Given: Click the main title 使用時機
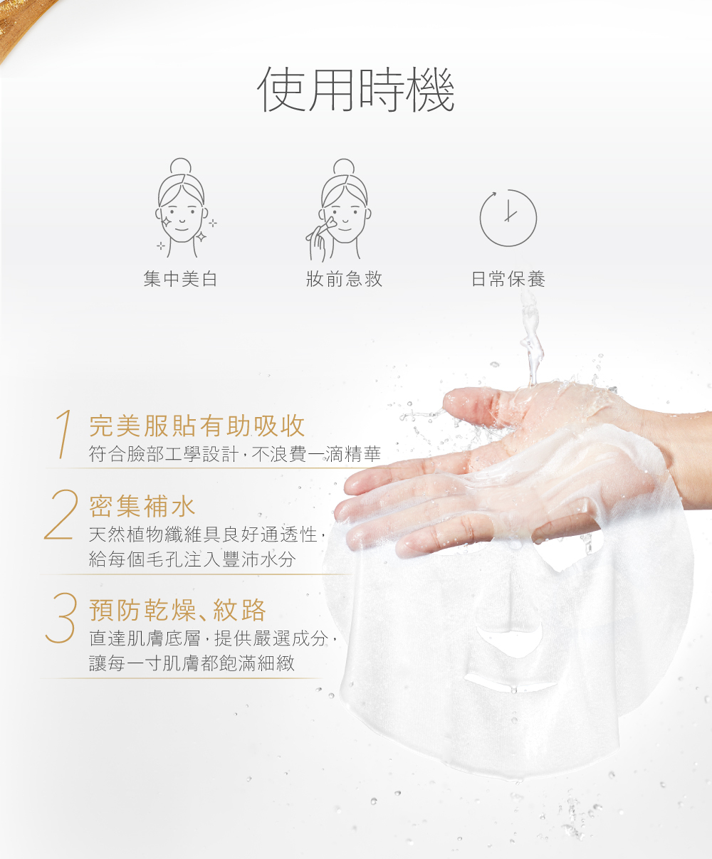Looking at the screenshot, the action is tap(356, 89).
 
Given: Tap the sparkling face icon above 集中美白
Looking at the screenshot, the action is tap(184, 208).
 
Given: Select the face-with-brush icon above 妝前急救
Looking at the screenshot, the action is tap(339, 210).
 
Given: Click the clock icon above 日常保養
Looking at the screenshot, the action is tap(508, 218).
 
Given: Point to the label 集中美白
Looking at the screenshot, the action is tap(180, 279).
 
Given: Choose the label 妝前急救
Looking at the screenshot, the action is tap(344, 279).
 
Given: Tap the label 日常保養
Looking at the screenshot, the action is tap(508, 279).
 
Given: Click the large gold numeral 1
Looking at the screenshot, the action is tap(64, 433).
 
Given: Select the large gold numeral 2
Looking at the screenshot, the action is tap(61, 515).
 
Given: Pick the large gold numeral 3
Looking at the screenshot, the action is tap(62, 617).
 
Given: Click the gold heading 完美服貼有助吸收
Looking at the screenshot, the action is tap(197, 426).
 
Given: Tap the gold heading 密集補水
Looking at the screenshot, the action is tap(142, 506).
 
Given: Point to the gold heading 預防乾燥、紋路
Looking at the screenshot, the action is tap(178, 610).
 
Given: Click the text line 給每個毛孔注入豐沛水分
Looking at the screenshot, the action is tap(192, 559).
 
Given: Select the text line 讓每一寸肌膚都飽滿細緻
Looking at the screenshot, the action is tap(192, 663).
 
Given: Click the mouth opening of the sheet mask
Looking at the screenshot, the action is tap(511, 685).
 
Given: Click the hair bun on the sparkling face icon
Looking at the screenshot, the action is tap(181, 167).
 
